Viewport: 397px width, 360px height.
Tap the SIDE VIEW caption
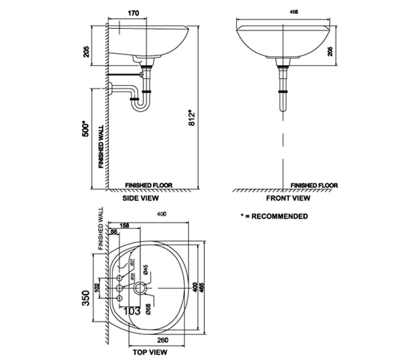[141, 199]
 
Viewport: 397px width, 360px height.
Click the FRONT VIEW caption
[288, 199]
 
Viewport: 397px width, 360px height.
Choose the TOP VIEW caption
[148, 352]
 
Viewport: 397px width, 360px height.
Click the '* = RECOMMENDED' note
[274, 216]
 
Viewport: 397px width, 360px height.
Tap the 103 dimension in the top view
[132, 310]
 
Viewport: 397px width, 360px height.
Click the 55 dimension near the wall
[114, 232]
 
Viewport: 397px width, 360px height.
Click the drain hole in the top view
[143, 289]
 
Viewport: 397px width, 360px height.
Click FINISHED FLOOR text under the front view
[314, 185]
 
